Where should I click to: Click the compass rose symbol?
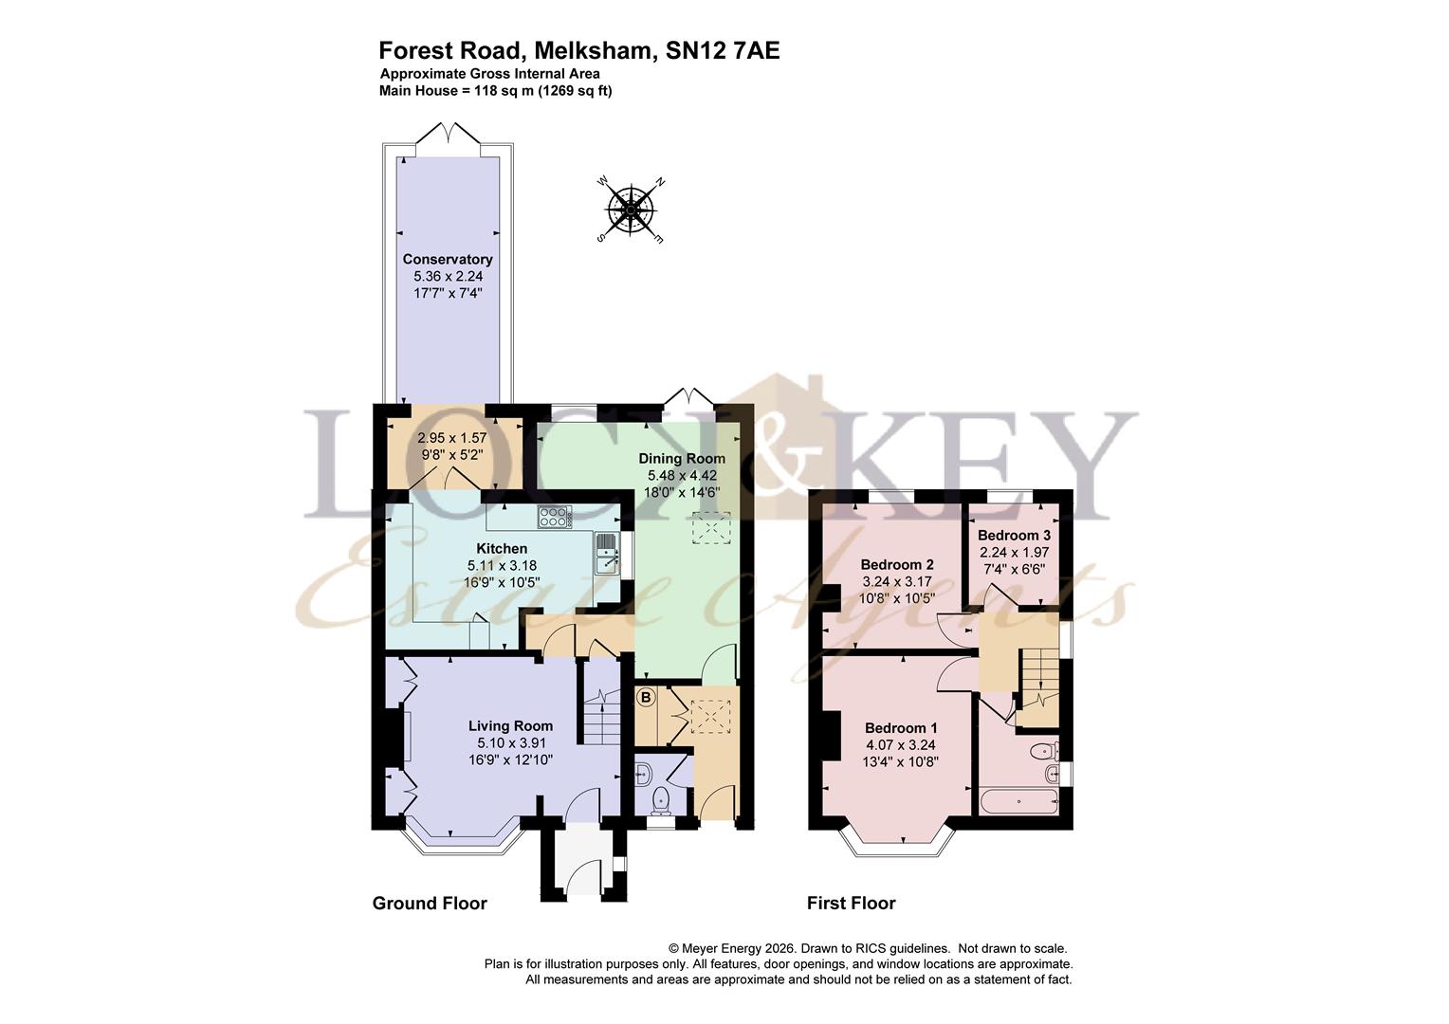631,210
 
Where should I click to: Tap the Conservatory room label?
448,260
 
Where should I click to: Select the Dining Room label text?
682,459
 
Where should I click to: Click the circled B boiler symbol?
646,698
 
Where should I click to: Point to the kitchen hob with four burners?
554,516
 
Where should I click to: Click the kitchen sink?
605,553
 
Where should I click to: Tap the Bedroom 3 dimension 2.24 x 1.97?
1015,553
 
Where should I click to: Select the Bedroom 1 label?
901,728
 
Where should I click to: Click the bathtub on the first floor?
1018,802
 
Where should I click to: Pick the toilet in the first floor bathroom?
1043,751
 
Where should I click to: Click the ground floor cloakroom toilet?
660,799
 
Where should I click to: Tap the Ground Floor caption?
430,903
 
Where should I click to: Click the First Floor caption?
852,903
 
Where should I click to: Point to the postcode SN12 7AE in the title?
723,50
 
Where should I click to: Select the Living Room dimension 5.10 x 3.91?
510,742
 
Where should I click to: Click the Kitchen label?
502,549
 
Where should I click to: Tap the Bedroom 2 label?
896,565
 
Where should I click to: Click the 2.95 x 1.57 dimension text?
452,438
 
